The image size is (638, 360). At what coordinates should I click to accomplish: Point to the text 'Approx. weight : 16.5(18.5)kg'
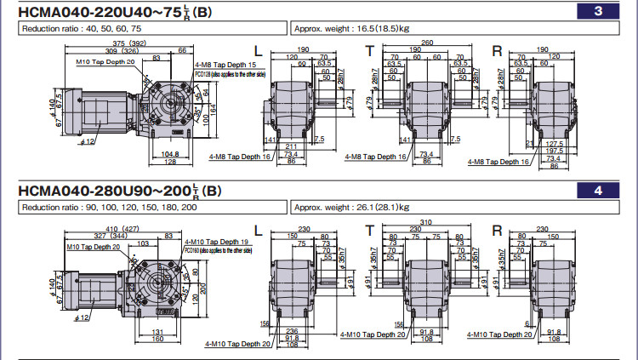click(350, 28)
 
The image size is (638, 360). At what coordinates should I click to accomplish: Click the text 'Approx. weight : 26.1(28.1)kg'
click(350, 207)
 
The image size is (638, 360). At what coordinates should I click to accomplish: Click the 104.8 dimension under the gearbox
click(169, 154)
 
